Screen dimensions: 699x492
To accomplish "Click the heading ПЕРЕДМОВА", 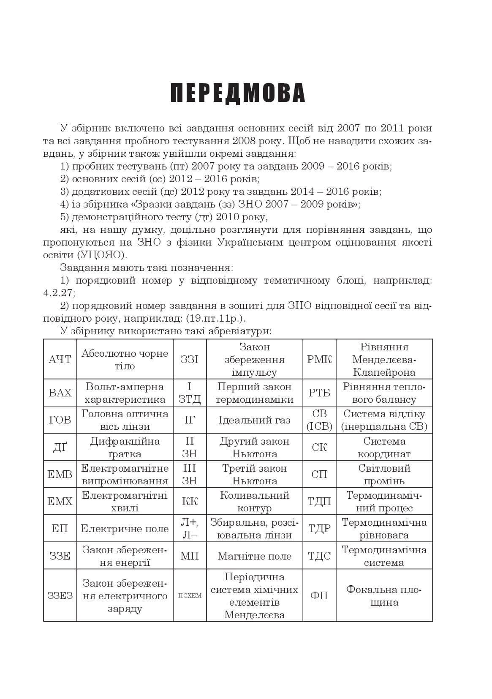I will (238, 93).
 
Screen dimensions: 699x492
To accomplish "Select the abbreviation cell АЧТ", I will (60, 360).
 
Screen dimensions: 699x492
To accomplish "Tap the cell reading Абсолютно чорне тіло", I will (125, 360).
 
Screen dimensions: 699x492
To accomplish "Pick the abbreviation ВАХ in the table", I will (60, 393).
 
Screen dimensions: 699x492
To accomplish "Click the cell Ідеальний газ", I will (254, 420).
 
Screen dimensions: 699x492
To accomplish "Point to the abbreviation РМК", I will (319, 360).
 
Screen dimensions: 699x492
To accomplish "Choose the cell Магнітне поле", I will (254, 556).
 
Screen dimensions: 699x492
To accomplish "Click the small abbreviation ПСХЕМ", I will (190, 596).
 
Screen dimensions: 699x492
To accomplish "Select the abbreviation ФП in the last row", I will (319, 596).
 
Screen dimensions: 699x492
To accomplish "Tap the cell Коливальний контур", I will (254, 502).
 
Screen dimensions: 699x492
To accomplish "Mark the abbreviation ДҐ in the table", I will (60, 447).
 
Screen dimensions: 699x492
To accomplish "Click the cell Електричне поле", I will (125, 529).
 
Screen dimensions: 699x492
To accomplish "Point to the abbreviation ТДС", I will (319, 556).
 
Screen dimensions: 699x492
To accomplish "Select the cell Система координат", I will (384, 447).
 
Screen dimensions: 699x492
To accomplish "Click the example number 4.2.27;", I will (59, 293).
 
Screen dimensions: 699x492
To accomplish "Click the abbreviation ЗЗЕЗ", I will (60, 596).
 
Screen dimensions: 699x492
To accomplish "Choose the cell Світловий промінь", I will (384, 474).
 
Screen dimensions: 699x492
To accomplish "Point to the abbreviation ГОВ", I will (60, 420).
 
